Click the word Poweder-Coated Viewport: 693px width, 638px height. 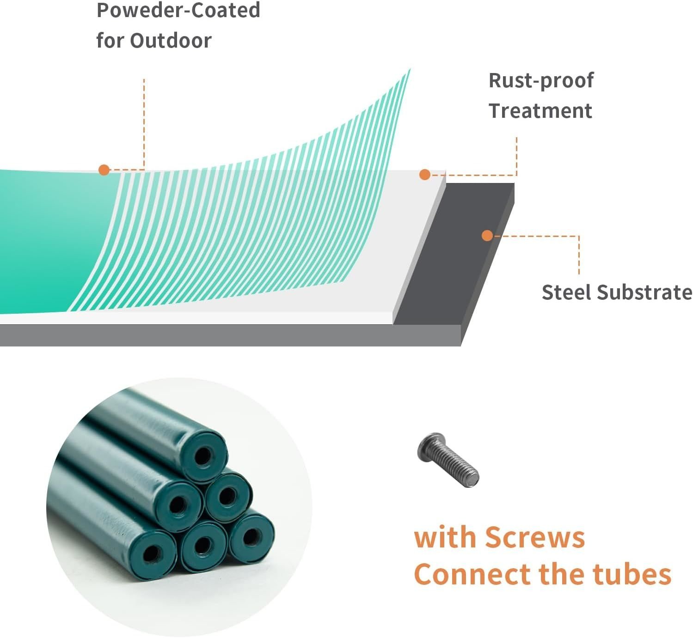[x=178, y=10]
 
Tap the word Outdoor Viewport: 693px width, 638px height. [x=171, y=41]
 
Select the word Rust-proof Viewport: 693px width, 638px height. [x=541, y=80]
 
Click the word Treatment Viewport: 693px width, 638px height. [x=540, y=111]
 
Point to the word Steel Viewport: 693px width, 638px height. [x=567, y=292]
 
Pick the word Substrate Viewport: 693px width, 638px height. [x=645, y=292]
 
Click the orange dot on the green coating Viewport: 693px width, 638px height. [x=104, y=170]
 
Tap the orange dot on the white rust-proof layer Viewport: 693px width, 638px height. [x=425, y=174]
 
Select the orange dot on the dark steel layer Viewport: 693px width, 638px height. [x=487, y=236]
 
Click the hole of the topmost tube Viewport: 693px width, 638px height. [x=202, y=456]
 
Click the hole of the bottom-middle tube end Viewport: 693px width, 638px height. [x=202, y=546]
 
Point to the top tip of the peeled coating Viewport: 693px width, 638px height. [x=410, y=70]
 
